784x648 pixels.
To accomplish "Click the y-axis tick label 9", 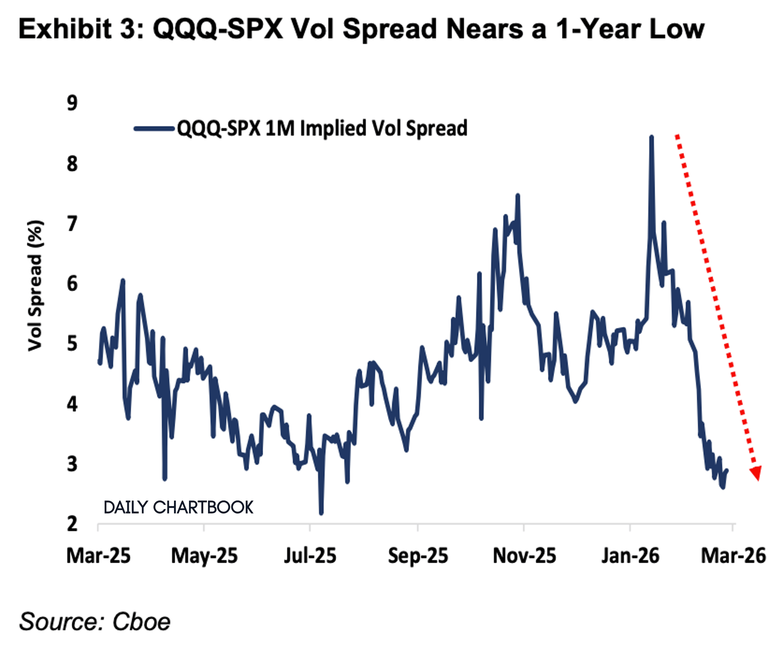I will point(72,103).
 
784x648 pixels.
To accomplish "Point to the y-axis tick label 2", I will point(72,524).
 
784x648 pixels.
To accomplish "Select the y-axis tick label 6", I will point(72,284).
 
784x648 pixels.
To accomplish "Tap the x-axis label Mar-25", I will point(98,556).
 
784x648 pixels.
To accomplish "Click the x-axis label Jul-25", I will point(310,556).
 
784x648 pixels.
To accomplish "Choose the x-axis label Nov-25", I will point(524,556).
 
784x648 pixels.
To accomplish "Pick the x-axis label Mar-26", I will point(733,556).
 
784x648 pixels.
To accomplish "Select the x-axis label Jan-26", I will point(630,556).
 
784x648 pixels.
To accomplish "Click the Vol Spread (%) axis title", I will point(35,286).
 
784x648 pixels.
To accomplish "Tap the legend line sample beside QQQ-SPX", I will point(154,128).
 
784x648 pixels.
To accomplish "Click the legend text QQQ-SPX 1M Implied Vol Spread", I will point(322,128).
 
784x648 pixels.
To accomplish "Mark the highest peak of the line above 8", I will point(651,138).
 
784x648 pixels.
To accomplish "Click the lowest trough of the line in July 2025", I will point(321,513).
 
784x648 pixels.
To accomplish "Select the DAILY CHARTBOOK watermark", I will point(178,508).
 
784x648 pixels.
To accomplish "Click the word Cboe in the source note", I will point(142,622).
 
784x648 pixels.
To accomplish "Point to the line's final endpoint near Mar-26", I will point(727,471).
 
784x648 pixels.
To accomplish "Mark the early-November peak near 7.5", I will point(518,196).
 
